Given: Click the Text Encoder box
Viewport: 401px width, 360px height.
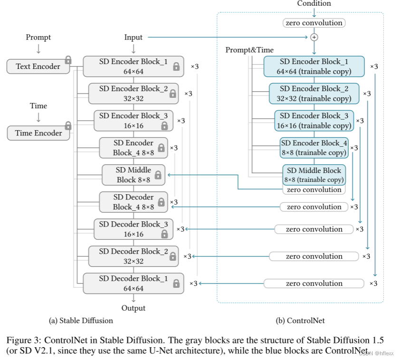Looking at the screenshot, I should (x=38, y=66).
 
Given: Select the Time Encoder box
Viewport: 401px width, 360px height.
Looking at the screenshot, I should (x=38, y=133).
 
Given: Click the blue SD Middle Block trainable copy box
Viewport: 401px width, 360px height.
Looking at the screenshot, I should (x=314, y=175).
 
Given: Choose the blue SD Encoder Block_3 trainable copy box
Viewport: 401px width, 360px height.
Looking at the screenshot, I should (x=314, y=121).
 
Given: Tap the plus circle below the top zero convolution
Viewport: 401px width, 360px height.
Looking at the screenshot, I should (x=314, y=37).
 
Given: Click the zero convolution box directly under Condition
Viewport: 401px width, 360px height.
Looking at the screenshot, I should (x=314, y=23).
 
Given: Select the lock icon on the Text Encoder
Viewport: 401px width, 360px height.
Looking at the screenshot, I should (x=68, y=60).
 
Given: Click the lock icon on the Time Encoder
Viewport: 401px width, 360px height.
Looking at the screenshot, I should (x=68, y=126).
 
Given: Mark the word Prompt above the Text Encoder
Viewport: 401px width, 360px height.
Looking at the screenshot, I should (x=38, y=37).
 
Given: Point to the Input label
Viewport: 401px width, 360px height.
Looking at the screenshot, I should (x=134, y=37).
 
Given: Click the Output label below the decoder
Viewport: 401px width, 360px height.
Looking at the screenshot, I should (x=134, y=308).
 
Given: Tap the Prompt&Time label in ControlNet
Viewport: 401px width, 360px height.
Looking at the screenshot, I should (x=249, y=50).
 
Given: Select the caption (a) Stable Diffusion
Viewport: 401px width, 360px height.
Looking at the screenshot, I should (x=81, y=321).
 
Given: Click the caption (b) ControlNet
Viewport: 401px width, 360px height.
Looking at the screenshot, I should (x=300, y=321).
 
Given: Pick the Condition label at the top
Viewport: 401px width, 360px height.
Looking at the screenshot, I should (x=314, y=4).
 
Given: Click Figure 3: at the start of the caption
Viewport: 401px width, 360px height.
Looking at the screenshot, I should (x=21, y=341).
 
